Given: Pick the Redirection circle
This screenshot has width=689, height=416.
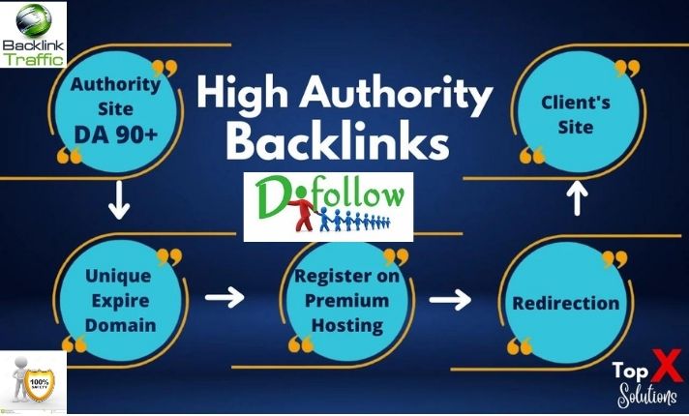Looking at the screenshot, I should [566, 303].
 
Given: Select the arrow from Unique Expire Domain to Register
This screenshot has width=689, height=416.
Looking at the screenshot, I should [224, 296].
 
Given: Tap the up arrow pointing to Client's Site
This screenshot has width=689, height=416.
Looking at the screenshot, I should [577, 200].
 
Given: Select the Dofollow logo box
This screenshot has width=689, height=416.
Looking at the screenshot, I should [328, 206].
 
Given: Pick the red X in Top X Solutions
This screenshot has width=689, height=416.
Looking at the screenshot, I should [666, 371].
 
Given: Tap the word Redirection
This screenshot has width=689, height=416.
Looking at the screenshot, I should [566, 303].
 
